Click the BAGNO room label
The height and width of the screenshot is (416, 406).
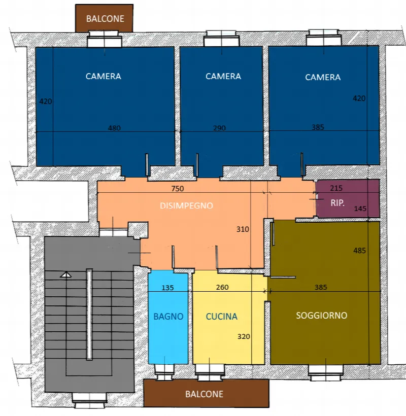click(x=168, y=317)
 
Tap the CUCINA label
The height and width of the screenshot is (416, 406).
click(x=222, y=317)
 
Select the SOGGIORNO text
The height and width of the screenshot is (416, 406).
click(x=322, y=316)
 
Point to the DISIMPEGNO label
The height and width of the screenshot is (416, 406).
click(x=186, y=205)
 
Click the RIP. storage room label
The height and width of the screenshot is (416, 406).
click(x=337, y=203)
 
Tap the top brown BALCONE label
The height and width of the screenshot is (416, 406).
click(x=105, y=19)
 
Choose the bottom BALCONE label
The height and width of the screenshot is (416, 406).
click(x=204, y=394)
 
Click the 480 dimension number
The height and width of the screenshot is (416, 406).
click(x=114, y=128)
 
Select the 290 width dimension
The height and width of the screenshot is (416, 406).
click(x=219, y=128)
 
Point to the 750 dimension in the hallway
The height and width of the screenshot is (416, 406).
click(x=178, y=189)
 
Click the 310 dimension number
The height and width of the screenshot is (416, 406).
click(x=243, y=229)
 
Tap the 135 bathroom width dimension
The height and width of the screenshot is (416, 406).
click(x=167, y=288)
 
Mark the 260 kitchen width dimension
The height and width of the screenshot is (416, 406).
click(x=222, y=287)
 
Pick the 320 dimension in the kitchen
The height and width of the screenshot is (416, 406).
click(x=244, y=337)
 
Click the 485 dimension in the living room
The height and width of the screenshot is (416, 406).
click(x=359, y=251)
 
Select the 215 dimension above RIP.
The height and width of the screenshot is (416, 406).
click(x=336, y=188)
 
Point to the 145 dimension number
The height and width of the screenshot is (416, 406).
click(x=360, y=209)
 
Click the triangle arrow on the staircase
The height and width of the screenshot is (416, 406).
click(x=65, y=275)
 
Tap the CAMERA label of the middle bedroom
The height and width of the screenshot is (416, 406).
click(x=223, y=77)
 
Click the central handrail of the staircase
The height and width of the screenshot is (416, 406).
click(x=89, y=315)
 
